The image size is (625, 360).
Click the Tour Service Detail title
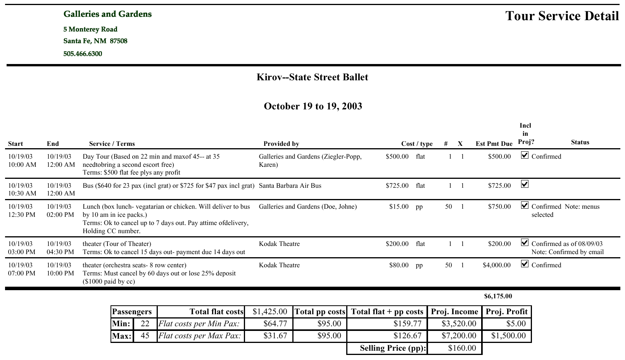[562, 16]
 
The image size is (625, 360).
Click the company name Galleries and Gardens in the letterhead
[107, 14]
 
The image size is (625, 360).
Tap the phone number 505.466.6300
[83, 54]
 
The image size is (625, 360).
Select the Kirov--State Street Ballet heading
[312, 77]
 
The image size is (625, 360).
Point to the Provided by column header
[281, 144]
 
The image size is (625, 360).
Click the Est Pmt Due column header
[494, 144]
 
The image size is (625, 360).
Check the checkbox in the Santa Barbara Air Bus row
[525, 184]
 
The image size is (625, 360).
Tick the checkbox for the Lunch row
[525, 205]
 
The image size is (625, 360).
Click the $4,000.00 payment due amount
[497, 265]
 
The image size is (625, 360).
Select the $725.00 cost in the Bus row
[397, 185]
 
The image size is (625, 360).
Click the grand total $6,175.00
[498, 296]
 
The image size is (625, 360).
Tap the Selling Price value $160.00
[462, 348]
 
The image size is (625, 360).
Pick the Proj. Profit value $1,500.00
[508, 336]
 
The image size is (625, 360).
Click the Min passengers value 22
[145, 324]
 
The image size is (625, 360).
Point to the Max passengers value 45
[145, 336]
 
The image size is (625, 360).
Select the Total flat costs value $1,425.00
[270, 312]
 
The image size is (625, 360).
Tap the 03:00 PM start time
[22, 252]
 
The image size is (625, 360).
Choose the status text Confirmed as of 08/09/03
[567, 244]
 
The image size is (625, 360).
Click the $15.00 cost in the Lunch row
[399, 206]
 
